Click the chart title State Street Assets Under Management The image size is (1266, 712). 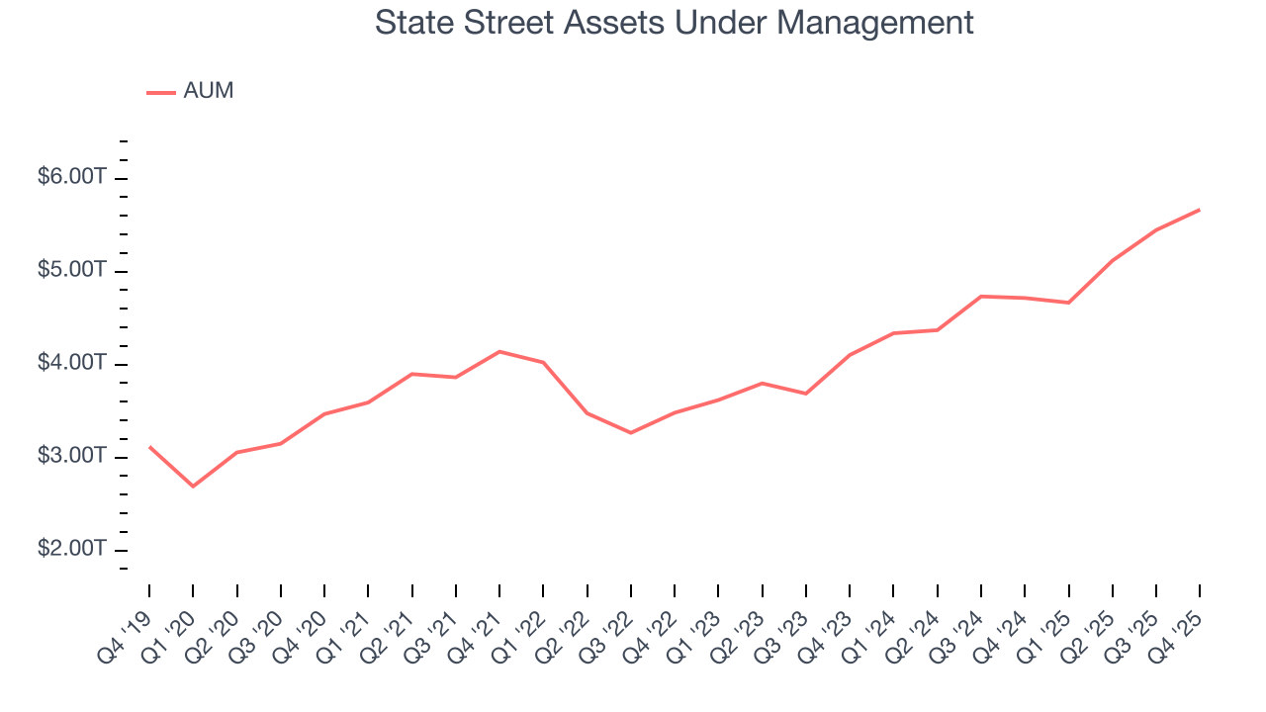coord(674,23)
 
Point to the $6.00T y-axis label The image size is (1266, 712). coord(71,177)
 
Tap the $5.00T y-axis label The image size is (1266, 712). coord(71,270)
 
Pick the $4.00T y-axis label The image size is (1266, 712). coord(71,363)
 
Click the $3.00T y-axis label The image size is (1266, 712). coord(71,456)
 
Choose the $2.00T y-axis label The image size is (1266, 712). coord(71,549)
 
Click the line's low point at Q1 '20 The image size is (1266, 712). coord(193,487)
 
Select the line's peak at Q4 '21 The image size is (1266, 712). coord(499,351)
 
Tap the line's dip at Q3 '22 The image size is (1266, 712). coord(630,433)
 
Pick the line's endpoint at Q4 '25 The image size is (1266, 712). coord(1200,210)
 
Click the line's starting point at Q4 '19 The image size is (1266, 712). coord(149,446)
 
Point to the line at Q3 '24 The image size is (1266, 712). coord(980,296)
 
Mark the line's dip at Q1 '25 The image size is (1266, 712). coord(1068,303)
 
